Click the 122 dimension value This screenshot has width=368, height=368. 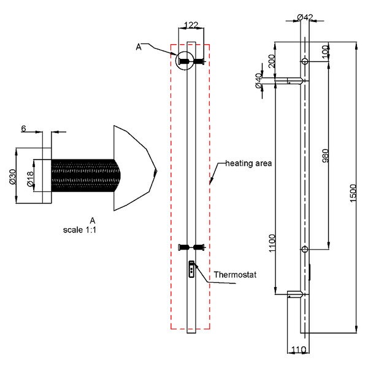point(191,25)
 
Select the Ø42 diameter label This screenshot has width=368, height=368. point(305,17)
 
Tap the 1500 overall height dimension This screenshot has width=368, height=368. point(353,193)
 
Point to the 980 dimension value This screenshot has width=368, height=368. point(325,155)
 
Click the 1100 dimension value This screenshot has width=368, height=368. point(272,243)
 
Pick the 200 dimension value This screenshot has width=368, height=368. point(271,61)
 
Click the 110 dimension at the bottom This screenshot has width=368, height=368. point(299,350)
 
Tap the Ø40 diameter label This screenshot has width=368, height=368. point(258,80)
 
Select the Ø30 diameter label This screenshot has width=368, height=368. point(12,177)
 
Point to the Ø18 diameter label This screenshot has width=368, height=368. point(30,179)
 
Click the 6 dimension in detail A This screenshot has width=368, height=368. point(23,128)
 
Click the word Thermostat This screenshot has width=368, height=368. point(235,275)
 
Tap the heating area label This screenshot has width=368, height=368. point(248,163)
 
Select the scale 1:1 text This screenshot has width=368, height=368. point(80,230)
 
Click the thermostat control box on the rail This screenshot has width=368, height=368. point(191,269)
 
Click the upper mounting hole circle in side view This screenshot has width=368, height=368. point(305,62)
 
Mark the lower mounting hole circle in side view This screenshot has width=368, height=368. point(305,249)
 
